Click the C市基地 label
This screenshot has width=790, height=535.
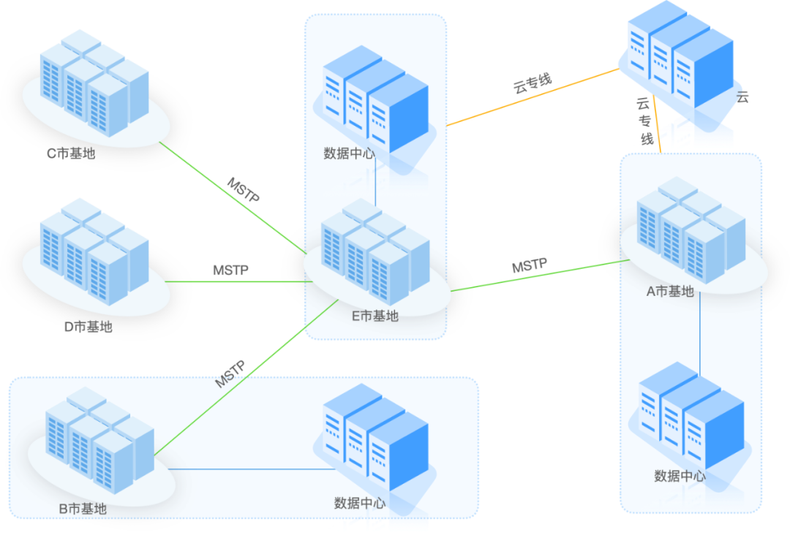[71, 153]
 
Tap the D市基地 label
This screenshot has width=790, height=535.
[89, 327]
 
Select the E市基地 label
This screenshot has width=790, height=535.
[375, 316]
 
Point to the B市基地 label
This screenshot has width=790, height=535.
[83, 509]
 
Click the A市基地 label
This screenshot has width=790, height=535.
[670, 292]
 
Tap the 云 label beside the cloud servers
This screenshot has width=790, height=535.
[742, 97]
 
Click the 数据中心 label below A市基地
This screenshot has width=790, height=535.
[680, 476]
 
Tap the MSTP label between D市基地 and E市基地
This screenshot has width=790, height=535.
[230, 270]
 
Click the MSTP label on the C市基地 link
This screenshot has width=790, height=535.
[244, 190]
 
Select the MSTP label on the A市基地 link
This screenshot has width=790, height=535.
[530, 265]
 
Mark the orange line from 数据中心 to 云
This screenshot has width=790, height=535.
[533, 97]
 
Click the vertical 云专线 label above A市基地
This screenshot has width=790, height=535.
[645, 121]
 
